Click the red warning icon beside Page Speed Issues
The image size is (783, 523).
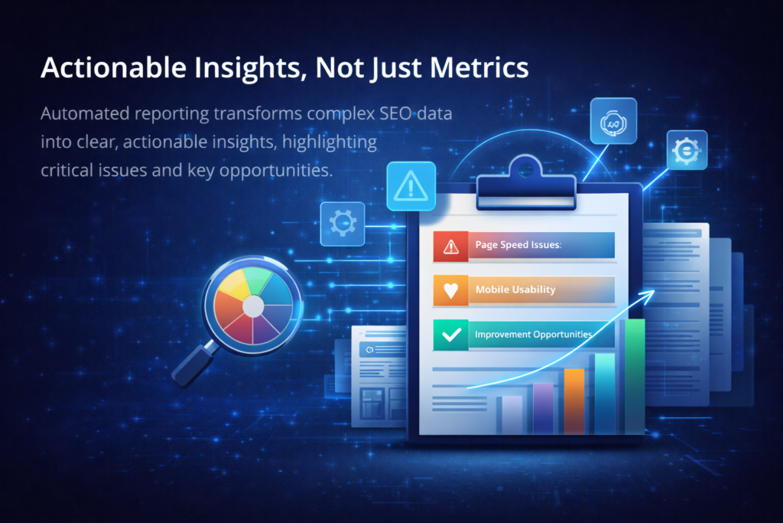450,246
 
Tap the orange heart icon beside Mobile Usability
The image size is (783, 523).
450,290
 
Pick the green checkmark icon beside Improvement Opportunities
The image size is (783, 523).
450,335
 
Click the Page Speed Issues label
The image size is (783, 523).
518,246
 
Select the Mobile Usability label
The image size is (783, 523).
515,290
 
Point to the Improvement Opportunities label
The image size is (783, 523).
533,335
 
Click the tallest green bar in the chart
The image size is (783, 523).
635,375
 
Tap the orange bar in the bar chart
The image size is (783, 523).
573,400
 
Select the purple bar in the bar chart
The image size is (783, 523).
543,407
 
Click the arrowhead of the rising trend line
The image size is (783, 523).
651,293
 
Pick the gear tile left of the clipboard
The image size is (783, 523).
342,224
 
